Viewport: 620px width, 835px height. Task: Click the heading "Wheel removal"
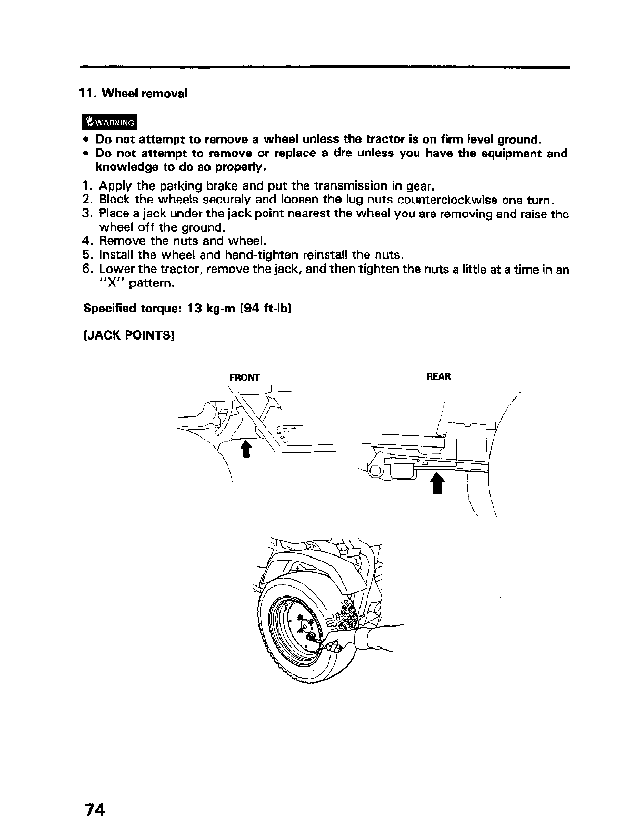pyautogui.click(x=144, y=94)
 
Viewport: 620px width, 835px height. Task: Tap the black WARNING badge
pyautogui.click(x=109, y=122)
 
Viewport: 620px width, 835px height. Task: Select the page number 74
pyautogui.click(x=94, y=809)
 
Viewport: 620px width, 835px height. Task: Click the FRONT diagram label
pyautogui.click(x=244, y=377)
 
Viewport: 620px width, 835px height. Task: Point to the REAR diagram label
pyautogui.click(x=438, y=377)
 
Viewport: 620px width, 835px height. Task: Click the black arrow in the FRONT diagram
pyautogui.click(x=245, y=449)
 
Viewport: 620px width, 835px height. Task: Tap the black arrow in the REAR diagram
pyautogui.click(x=437, y=483)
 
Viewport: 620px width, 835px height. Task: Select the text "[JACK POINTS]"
pyautogui.click(x=129, y=335)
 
